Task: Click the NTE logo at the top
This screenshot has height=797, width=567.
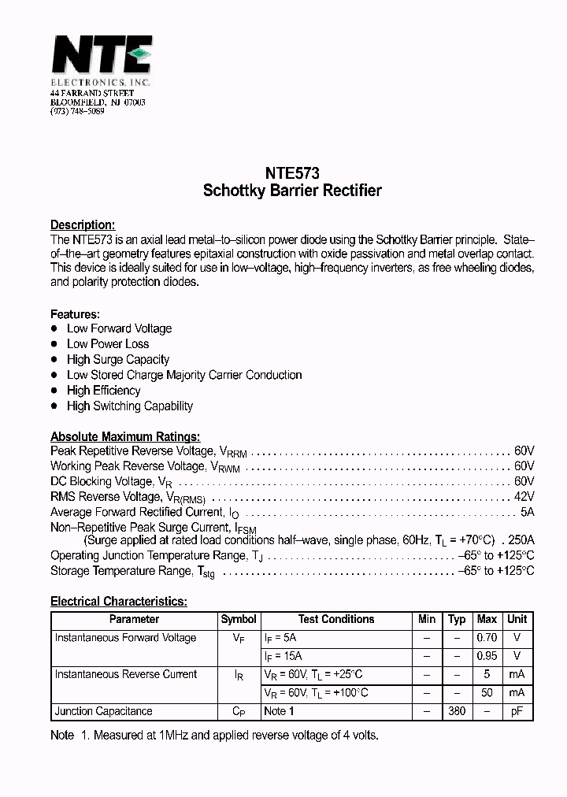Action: point(101,57)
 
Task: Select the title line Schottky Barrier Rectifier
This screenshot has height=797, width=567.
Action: point(292,191)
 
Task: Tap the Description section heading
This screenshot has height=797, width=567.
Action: point(83,224)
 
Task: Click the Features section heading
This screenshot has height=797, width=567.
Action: point(75,313)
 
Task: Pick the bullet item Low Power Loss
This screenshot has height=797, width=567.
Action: point(108,344)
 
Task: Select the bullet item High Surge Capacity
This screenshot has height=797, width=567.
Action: point(118,359)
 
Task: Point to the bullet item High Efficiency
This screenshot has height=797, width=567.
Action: point(103,391)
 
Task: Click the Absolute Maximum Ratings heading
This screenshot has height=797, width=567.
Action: point(125,436)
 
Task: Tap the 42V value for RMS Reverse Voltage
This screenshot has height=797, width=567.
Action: point(524,497)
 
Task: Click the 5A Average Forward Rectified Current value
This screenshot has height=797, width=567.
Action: point(527,512)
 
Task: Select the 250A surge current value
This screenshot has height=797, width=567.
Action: point(521,540)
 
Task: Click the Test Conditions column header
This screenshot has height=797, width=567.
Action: point(336,619)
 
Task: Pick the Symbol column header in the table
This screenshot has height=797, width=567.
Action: point(239,619)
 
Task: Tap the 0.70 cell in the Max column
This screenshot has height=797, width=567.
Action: point(487,638)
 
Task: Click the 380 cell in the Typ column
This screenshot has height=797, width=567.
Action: point(456,711)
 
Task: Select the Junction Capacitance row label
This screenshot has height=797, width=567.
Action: point(103,711)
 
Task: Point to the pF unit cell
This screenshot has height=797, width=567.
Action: point(517,711)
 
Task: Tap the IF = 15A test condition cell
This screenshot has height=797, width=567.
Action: point(283,656)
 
